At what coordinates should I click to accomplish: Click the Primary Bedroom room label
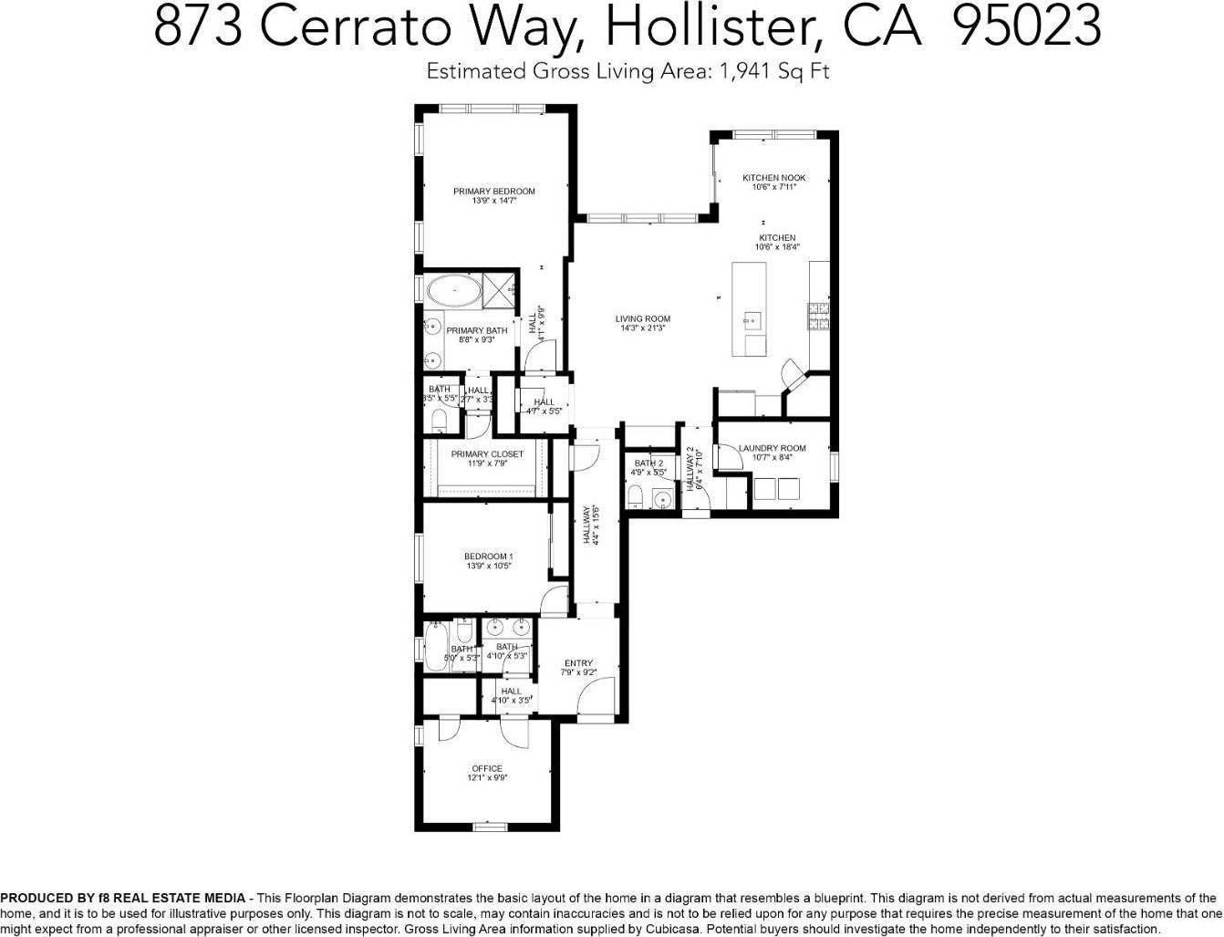tap(493, 191)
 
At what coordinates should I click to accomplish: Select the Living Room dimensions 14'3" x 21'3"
tap(642, 328)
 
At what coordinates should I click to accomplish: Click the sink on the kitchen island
tap(752, 319)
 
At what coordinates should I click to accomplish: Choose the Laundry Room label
tap(772, 448)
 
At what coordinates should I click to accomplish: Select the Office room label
tap(487, 768)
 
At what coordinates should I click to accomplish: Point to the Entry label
tap(578, 663)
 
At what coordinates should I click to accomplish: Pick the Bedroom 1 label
tap(488, 557)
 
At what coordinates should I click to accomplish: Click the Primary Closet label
tap(487, 454)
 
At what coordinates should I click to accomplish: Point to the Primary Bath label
tap(477, 330)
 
